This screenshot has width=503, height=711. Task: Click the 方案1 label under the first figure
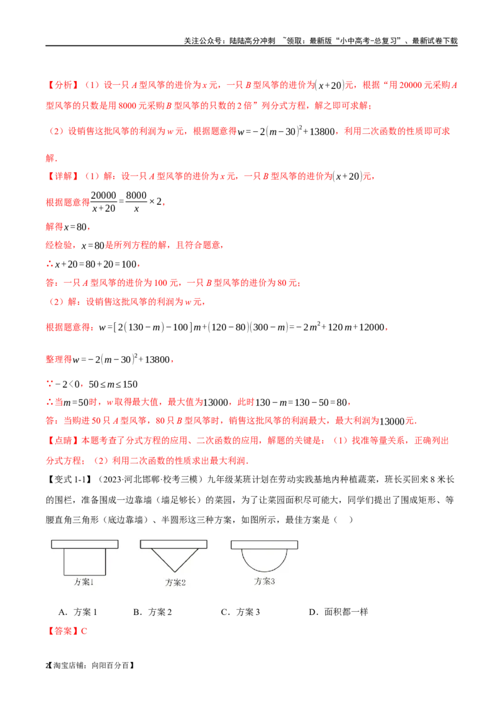click(84, 582)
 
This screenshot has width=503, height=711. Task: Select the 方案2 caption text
click(175, 582)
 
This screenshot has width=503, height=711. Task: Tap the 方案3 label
click(265, 582)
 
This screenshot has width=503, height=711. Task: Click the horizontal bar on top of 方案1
click(85, 544)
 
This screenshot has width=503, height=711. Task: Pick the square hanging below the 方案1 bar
click(85, 562)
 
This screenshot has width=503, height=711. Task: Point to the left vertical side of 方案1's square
click(64, 562)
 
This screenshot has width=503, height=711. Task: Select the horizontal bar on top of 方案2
click(174, 544)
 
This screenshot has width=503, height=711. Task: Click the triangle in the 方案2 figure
click(174, 556)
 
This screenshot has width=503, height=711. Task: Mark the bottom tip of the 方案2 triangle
click(174, 571)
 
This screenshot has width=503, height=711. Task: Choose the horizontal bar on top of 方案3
click(264, 544)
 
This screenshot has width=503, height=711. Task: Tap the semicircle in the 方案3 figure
click(264, 558)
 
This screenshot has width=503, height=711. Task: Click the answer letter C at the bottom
click(85, 631)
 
